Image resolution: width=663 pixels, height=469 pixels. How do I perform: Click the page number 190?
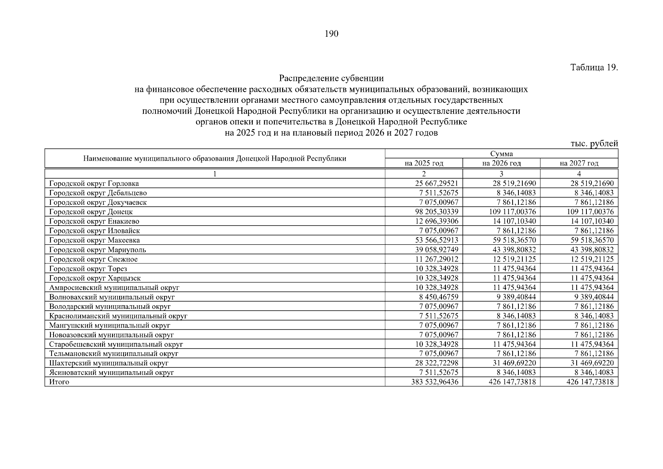(x=331, y=34)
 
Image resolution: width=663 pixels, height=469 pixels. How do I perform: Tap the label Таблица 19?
(x=594, y=67)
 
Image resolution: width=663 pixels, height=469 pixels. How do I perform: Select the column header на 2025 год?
(x=424, y=163)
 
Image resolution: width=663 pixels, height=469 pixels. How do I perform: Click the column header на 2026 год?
(x=501, y=163)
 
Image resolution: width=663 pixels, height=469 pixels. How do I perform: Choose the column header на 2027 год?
(x=579, y=163)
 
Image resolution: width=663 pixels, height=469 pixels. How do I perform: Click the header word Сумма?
(x=501, y=154)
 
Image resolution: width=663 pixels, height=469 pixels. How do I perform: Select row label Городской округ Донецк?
(x=91, y=212)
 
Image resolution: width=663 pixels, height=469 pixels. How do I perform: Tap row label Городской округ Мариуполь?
(x=98, y=250)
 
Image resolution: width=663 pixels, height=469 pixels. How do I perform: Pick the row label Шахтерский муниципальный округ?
(x=109, y=363)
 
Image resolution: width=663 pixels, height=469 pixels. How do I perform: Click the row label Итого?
(x=59, y=382)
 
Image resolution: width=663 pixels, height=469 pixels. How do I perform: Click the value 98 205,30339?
(x=434, y=212)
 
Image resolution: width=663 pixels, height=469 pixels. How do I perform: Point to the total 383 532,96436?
(x=434, y=382)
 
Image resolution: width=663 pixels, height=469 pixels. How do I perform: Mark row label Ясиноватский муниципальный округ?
(x=112, y=372)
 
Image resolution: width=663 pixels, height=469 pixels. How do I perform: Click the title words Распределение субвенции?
(x=331, y=78)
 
